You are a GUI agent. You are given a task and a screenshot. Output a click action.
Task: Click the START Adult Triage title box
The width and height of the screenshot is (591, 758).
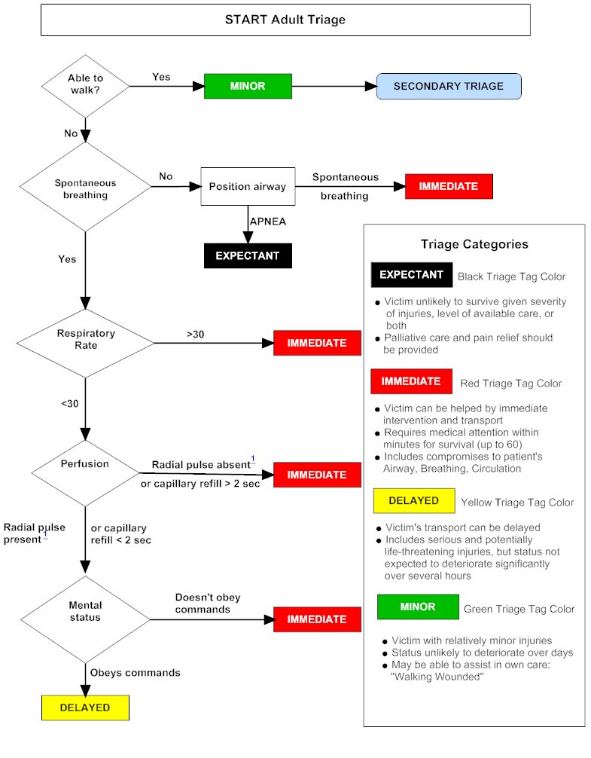[x=285, y=20]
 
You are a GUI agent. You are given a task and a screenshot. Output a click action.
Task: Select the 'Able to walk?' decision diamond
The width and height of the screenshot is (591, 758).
[x=84, y=85]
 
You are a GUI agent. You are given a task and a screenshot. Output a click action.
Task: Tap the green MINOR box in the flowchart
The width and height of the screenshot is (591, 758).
[x=248, y=86]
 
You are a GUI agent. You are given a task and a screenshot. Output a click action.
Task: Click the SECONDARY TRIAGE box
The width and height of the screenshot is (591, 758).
[x=448, y=86]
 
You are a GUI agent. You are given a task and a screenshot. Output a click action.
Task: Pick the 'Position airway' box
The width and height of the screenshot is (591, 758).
[x=247, y=186]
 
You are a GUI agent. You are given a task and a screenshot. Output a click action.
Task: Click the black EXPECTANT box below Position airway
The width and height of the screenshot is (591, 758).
[x=248, y=255]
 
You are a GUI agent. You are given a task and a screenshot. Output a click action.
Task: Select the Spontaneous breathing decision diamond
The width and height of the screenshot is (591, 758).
[x=85, y=188]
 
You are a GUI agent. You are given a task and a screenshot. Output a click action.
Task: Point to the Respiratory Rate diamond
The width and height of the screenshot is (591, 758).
[x=85, y=338]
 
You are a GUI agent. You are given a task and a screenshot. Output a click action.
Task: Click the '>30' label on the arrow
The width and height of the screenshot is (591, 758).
[x=195, y=333]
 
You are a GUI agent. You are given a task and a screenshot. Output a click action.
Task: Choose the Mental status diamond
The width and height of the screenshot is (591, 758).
[x=84, y=611]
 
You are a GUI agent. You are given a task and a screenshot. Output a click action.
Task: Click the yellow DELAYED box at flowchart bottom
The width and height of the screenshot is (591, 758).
[x=84, y=708]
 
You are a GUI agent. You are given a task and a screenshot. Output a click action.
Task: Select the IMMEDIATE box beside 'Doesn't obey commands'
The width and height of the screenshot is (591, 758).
[x=316, y=619]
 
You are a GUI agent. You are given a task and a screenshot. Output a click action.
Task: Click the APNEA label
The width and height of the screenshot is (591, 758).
[x=269, y=222]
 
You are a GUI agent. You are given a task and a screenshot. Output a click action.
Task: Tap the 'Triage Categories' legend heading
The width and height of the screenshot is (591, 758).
[x=474, y=244]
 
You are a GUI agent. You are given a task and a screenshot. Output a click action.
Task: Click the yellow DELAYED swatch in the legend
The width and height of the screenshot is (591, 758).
[x=413, y=500]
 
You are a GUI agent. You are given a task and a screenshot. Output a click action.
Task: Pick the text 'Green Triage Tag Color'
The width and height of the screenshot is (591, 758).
[x=519, y=609]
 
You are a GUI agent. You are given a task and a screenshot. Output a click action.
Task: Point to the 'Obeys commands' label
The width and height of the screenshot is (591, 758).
[x=136, y=672]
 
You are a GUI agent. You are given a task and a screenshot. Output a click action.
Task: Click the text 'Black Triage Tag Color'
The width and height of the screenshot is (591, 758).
[x=511, y=277]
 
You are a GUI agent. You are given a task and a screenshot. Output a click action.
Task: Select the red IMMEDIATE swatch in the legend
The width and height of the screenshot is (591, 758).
[x=410, y=381]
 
